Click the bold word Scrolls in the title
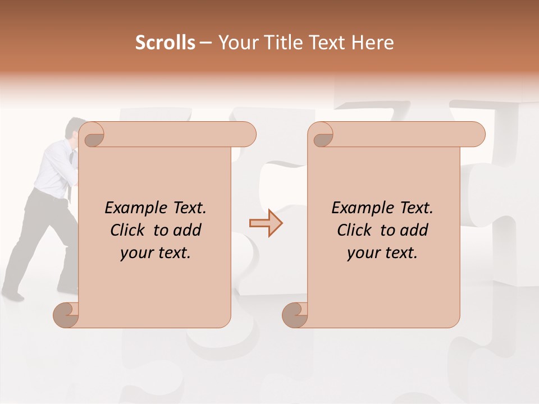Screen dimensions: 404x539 click(x=165, y=43)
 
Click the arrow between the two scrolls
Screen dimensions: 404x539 click(x=266, y=223)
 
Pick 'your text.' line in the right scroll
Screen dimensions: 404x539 click(x=382, y=253)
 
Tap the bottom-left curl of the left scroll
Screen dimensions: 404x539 click(x=66, y=314)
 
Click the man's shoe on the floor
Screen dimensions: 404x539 click(x=12, y=293)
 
